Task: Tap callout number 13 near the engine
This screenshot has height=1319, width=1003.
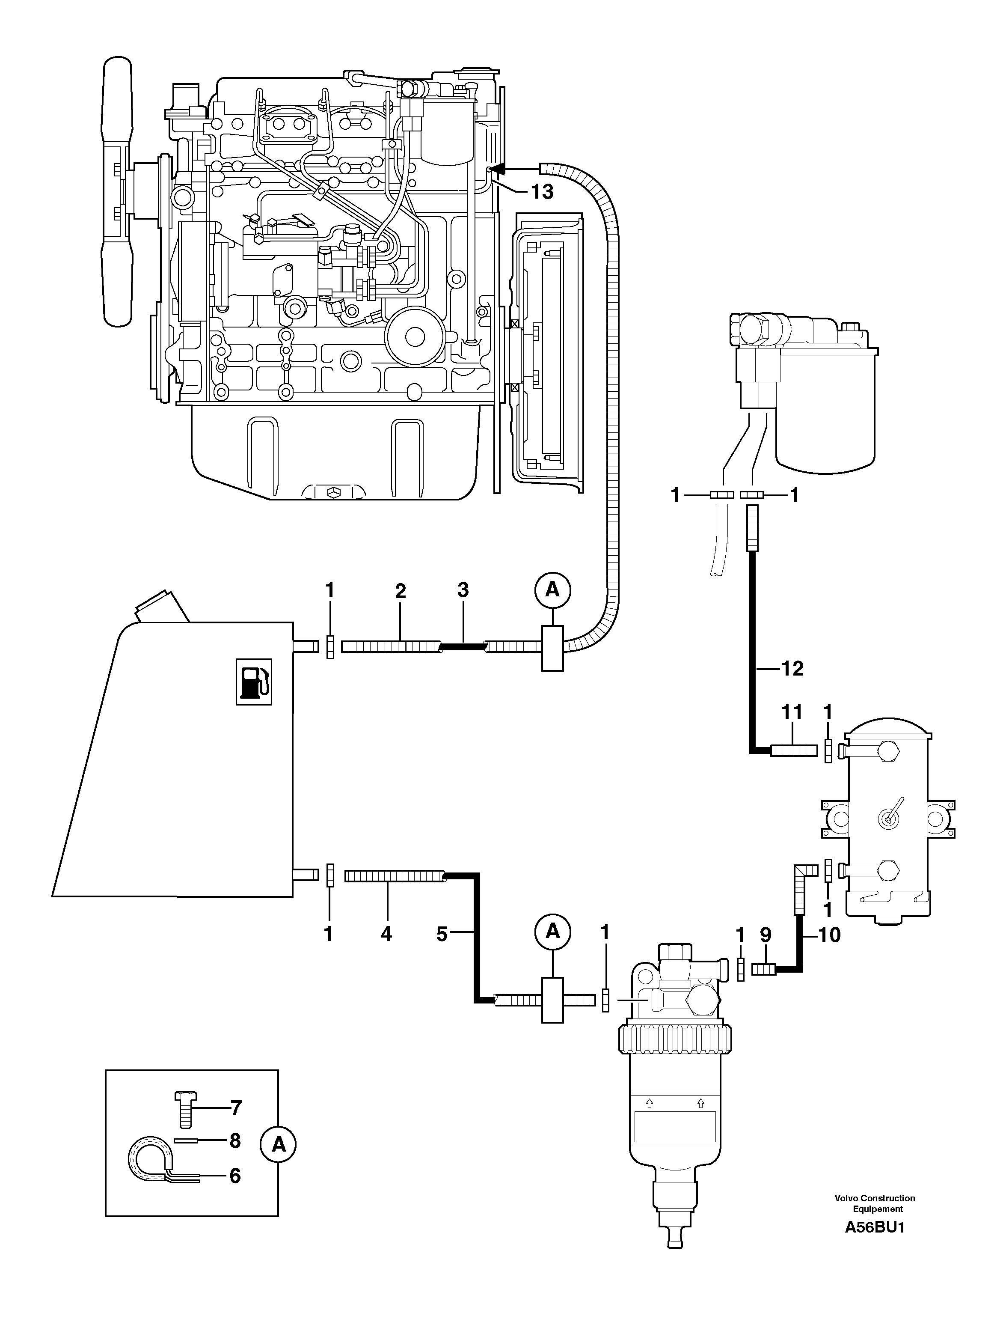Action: point(542,192)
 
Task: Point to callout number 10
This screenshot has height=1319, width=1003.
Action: point(829,935)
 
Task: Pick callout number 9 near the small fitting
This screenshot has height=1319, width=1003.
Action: point(766,935)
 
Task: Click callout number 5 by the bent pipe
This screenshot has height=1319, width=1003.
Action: point(442,935)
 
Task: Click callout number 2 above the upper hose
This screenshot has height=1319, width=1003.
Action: point(400,591)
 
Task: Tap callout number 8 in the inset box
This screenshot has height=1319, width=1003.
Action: point(234,1141)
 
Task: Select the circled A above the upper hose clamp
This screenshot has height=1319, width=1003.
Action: point(553,590)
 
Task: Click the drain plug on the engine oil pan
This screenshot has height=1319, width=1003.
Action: point(334,491)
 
